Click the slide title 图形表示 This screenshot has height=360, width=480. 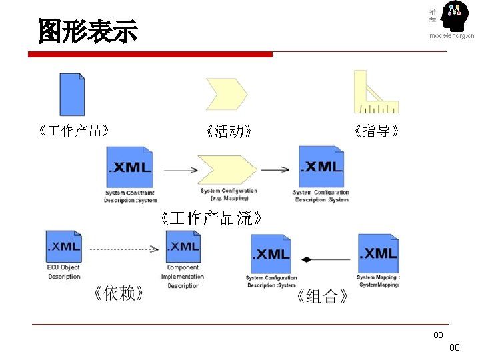tap(87, 31)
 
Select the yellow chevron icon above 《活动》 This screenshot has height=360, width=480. tap(227, 95)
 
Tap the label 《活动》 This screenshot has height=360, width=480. tap(229, 131)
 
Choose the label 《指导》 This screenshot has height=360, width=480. tap(377, 131)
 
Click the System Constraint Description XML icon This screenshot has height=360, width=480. tap(130, 167)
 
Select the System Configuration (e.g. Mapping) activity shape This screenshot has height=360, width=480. tap(227, 170)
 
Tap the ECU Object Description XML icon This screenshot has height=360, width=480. tap(64, 247)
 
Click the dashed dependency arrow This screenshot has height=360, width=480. tap(124, 249)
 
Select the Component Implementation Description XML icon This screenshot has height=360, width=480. tap(183, 247)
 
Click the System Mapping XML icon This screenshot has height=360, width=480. tap(378, 253)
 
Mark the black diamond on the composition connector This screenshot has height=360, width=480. tap(307, 259)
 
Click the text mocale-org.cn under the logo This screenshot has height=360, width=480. tap(451, 36)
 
